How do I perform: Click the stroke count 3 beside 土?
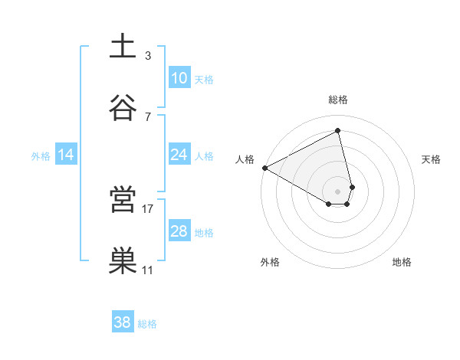tap(147, 56)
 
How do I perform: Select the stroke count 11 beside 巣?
tap(148, 270)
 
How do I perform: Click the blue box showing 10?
tap(179, 78)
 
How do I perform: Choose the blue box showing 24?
tap(179, 155)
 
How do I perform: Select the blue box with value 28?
tap(179, 231)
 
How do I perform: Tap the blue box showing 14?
tap(66, 155)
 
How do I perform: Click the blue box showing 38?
tap(123, 322)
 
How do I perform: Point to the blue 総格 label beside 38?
tap(147, 324)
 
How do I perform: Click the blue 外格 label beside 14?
tap(41, 156)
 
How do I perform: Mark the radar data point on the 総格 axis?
tap(338, 130)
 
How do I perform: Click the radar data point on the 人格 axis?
tap(264, 168)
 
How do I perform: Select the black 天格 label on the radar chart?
tap(432, 159)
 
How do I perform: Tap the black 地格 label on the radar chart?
tap(402, 263)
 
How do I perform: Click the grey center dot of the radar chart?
tap(338, 191)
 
